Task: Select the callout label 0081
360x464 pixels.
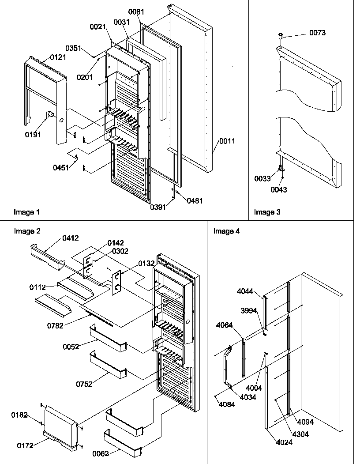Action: coord(137,12)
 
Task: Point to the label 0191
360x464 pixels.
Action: coord(33,135)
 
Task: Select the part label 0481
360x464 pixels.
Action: coord(195,200)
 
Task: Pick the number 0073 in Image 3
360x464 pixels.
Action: coord(317,33)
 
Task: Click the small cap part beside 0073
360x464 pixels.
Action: coord(280,36)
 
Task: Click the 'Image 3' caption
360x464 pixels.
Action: coord(267,212)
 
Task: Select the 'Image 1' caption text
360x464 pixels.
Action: coord(26,212)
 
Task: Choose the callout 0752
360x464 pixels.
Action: coord(84,384)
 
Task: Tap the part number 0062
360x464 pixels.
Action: coord(101,453)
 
